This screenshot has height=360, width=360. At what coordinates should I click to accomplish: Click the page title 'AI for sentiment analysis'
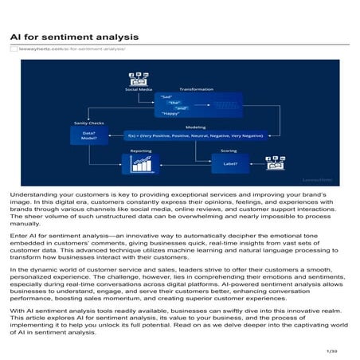74,37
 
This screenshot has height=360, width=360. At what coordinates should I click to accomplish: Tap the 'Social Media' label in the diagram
139,90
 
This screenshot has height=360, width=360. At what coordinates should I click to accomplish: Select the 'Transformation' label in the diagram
196,89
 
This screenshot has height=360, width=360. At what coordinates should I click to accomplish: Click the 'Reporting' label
141,150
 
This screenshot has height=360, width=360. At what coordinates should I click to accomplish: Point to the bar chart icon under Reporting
141,164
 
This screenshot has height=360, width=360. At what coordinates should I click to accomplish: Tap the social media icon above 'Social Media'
139,79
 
